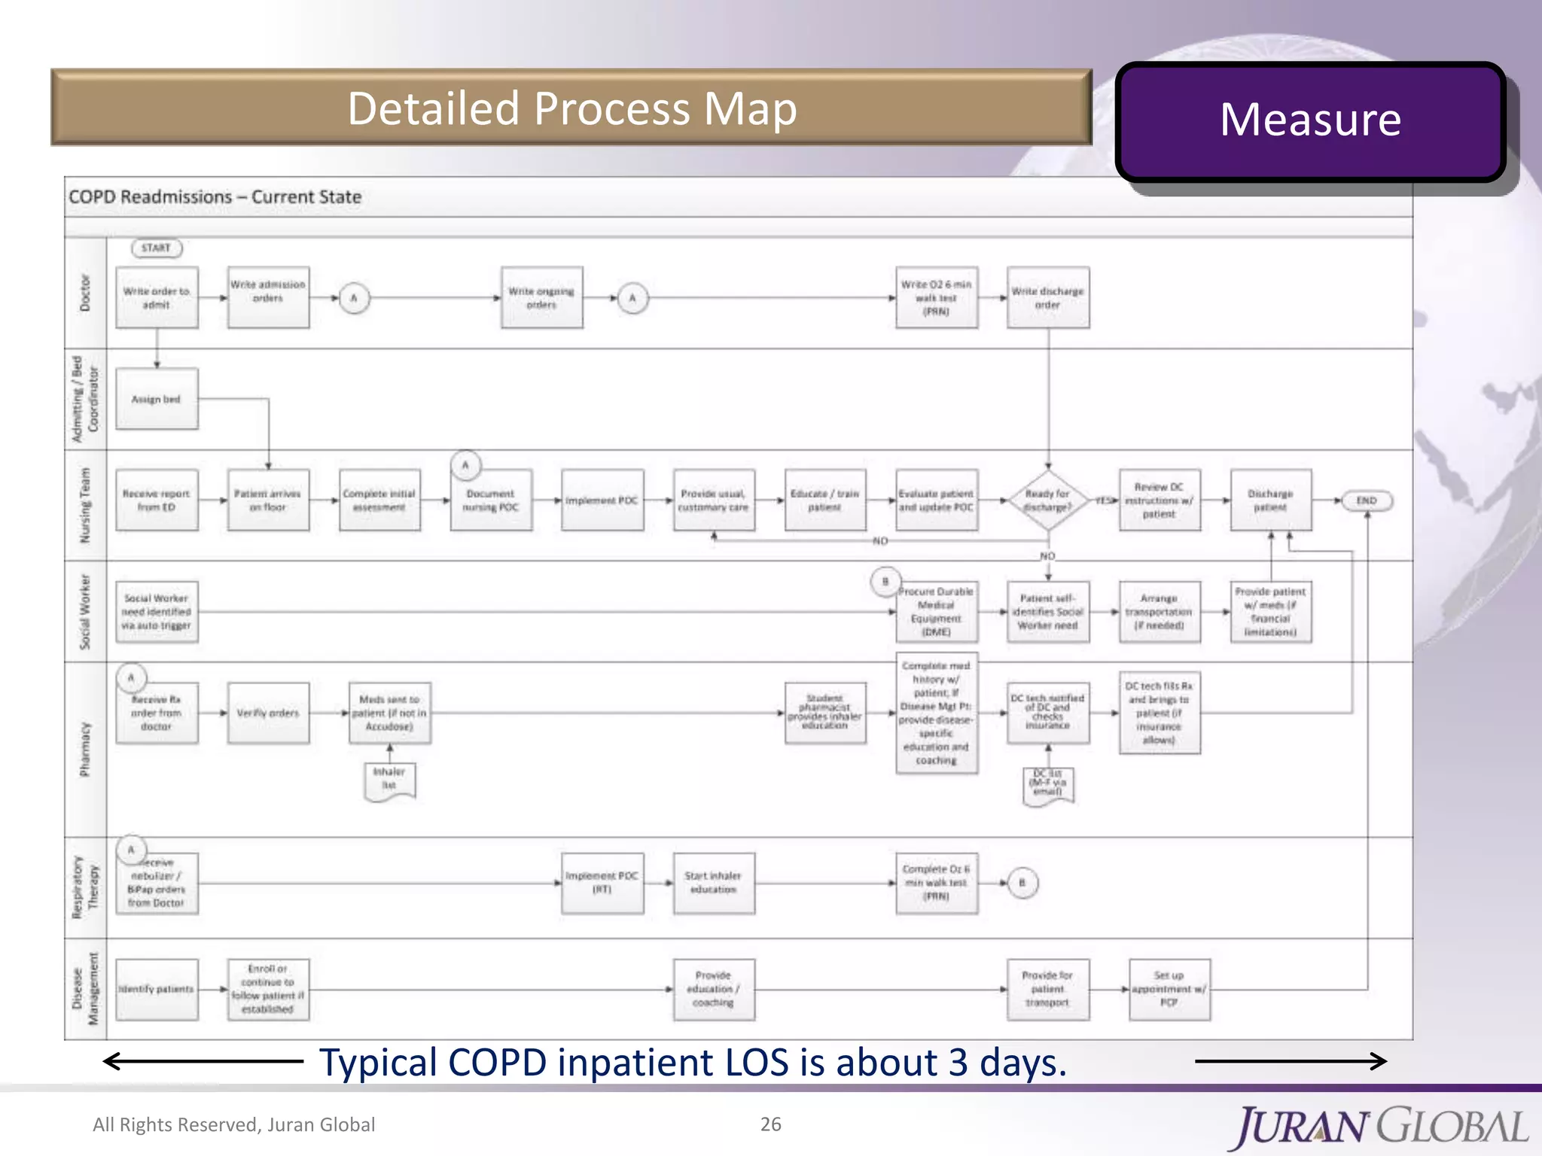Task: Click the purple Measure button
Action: [x=1310, y=120]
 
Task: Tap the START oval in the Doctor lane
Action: [x=157, y=248]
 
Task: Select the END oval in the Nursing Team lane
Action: [x=1366, y=500]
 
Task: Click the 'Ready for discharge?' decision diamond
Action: [x=1047, y=500]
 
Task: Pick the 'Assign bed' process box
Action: [x=157, y=399]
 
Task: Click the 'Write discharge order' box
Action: [x=1047, y=298]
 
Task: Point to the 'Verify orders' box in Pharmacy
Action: [x=268, y=713]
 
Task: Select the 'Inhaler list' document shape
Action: [x=389, y=780]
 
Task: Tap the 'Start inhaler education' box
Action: [x=713, y=883]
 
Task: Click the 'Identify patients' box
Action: [x=157, y=989]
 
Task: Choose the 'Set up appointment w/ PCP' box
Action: [x=1169, y=989]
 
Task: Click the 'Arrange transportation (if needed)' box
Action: [x=1159, y=612]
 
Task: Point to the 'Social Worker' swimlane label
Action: [x=85, y=611]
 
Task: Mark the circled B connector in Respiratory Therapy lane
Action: [x=1022, y=883]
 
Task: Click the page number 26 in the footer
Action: [x=770, y=1124]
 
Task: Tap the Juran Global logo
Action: [x=1381, y=1127]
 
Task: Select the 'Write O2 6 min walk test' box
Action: [x=937, y=298]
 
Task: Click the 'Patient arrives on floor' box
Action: [x=268, y=500]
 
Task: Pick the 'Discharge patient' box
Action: [x=1270, y=500]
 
